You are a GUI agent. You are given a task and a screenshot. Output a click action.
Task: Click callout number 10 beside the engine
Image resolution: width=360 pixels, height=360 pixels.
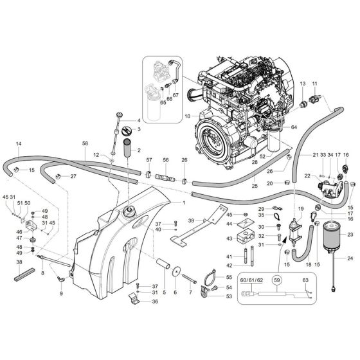[x=187, y=116]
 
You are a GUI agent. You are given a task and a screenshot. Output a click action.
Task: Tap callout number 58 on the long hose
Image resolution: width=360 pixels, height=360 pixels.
[x=85, y=144]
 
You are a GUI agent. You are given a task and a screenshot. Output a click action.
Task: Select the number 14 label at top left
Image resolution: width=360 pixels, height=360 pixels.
[x=19, y=143]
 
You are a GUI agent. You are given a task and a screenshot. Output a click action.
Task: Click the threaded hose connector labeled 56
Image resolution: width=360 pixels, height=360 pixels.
[x=166, y=175]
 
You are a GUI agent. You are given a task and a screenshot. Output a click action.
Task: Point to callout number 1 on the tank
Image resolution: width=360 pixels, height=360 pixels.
[x=183, y=203]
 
